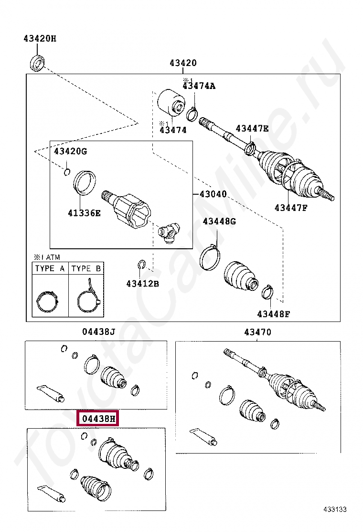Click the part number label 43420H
40,39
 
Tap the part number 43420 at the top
182,63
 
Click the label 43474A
199,86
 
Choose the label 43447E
252,128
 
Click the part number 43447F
291,207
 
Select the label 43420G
70,152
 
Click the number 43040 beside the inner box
213,194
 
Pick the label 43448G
219,222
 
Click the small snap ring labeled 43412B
141,264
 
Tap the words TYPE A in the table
50,268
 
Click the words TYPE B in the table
86,268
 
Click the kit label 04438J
98,332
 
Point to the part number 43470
257,332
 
